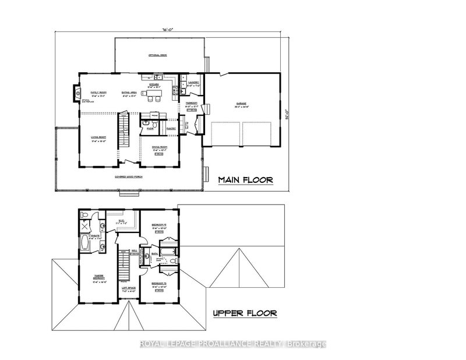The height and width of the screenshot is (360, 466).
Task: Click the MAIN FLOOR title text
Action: (245, 179)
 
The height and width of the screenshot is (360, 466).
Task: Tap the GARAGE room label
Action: (242, 103)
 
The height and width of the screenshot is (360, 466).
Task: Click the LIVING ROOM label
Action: (97, 138)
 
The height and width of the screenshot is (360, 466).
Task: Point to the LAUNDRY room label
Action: (194, 83)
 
